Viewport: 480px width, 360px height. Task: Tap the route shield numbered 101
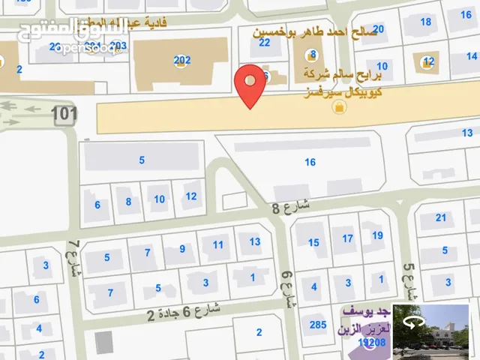[65, 114]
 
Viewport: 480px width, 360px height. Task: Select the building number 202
[181, 60]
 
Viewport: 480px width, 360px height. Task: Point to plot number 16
[310, 162]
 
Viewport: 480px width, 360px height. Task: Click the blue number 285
[319, 325]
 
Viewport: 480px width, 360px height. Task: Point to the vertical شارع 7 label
[73, 259]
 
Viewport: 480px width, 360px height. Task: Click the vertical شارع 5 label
[409, 279]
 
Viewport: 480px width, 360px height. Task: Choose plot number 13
[255, 241]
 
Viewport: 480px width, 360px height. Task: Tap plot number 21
[441, 218]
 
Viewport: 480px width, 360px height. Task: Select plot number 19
[377, 235]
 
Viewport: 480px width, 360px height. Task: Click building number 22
[264, 43]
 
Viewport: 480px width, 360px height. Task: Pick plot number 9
[181, 249]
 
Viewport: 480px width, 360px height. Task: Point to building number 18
[425, 22]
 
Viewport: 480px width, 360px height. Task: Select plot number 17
[347, 239]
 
